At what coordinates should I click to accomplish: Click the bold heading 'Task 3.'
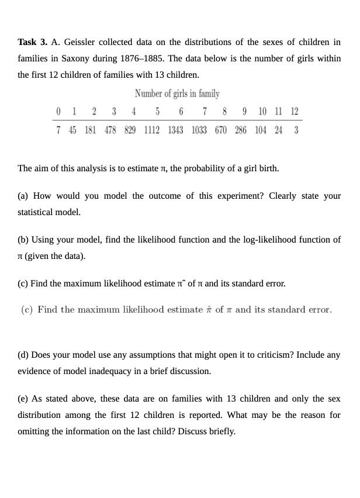click(33, 42)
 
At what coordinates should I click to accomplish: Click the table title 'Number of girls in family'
click(177, 94)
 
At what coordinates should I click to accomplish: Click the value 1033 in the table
click(199, 130)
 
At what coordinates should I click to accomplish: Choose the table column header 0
click(58, 112)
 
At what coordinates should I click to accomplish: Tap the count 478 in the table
click(110, 130)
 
